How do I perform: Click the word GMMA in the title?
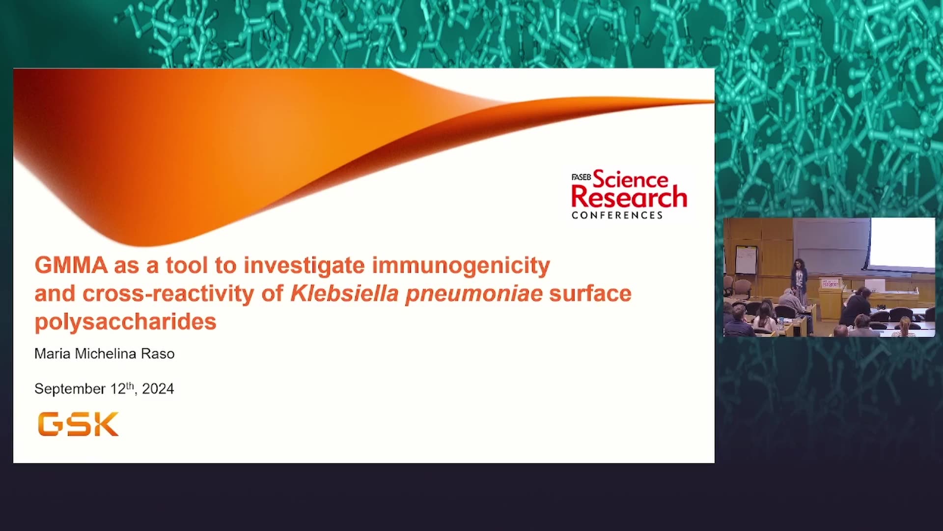[x=71, y=265]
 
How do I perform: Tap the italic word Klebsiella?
[x=344, y=294]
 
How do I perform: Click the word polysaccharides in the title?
[x=125, y=323]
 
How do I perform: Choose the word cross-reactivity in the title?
[x=168, y=294]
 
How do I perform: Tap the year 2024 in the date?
[x=158, y=389]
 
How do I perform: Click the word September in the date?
[x=70, y=389]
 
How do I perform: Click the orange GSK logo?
[x=78, y=424]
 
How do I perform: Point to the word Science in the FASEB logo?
[x=631, y=179]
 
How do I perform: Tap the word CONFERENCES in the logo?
[x=617, y=215]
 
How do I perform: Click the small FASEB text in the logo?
[x=581, y=177]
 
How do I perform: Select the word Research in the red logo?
[x=629, y=197]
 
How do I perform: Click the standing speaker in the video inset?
[x=799, y=280]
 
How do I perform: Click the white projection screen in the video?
[x=902, y=244]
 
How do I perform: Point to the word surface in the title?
[x=590, y=294]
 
